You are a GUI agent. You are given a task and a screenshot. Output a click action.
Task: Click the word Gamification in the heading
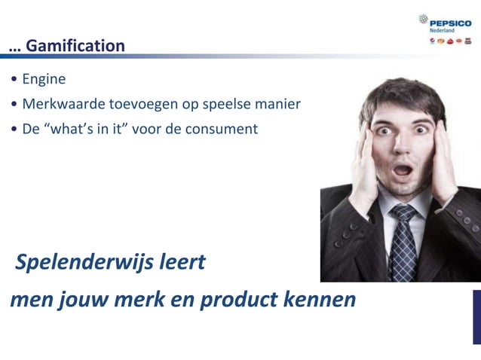point(75,46)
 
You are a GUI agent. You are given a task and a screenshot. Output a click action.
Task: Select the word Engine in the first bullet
point(44,79)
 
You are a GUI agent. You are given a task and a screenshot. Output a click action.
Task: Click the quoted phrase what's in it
point(96,129)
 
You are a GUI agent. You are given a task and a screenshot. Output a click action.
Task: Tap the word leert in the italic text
point(182,264)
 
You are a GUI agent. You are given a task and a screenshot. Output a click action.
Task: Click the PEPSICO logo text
point(450,23)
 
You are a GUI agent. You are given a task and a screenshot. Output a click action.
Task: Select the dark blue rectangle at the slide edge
point(476,316)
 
